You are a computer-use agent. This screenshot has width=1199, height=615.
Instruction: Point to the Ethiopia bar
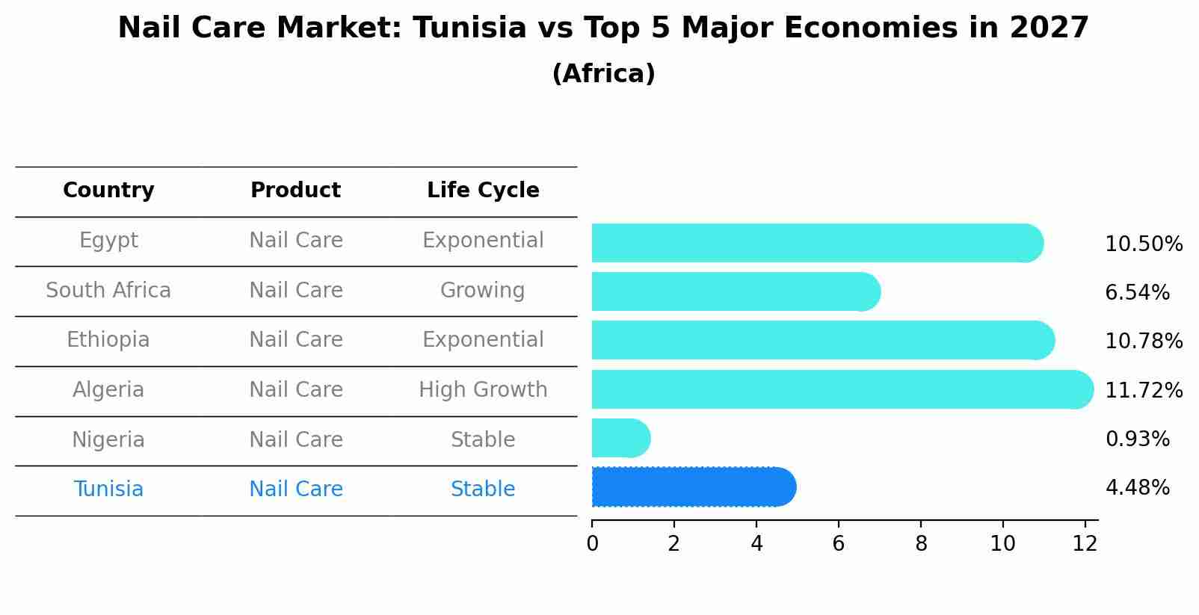click(x=822, y=340)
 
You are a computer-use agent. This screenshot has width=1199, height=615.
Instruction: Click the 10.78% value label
click(x=1143, y=342)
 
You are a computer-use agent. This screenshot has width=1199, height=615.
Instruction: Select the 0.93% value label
click(x=1137, y=439)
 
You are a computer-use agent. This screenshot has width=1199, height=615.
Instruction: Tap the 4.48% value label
click(x=1137, y=488)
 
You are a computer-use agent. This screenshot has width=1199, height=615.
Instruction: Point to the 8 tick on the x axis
click(x=921, y=544)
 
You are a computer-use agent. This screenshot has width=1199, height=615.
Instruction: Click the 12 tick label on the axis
click(x=1085, y=544)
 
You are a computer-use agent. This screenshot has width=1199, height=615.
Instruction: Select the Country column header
click(x=108, y=191)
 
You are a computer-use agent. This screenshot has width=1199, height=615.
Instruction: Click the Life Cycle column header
click(x=483, y=191)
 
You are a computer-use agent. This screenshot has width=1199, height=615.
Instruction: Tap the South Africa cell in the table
click(x=108, y=290)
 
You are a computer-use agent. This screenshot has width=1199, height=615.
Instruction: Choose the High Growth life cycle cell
click(x=483, y=389)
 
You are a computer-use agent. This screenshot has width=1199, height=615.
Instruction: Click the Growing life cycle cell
click(x=483, y=290)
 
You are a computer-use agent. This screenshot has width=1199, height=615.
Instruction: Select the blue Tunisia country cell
click(x=108, y=489)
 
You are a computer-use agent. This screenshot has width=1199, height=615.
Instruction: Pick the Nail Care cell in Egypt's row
click(x=296, y=241)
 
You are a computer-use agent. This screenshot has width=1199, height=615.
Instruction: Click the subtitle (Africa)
click(x=603, y=74)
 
